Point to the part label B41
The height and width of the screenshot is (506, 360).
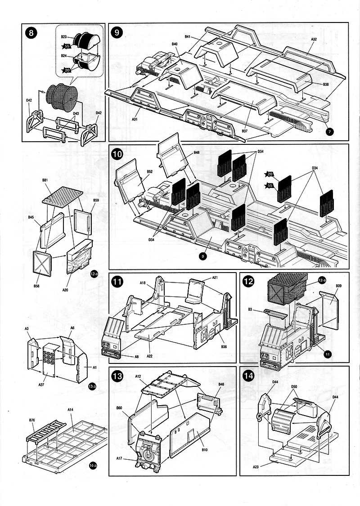pos(187,36)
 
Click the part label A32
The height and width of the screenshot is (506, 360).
pos(314,40)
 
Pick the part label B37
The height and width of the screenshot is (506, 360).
pos(244,130)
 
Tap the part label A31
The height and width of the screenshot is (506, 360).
pos(135,119)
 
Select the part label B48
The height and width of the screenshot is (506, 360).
pos(197,153)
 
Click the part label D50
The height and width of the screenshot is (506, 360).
pos(294,386)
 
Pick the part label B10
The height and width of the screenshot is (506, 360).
pos(204,450)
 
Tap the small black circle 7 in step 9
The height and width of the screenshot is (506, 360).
pos(330,131)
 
